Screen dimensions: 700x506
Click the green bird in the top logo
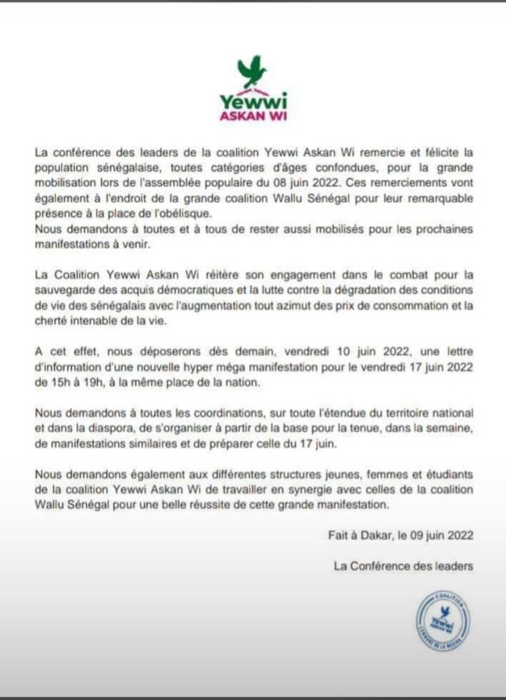pos(252,71)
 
